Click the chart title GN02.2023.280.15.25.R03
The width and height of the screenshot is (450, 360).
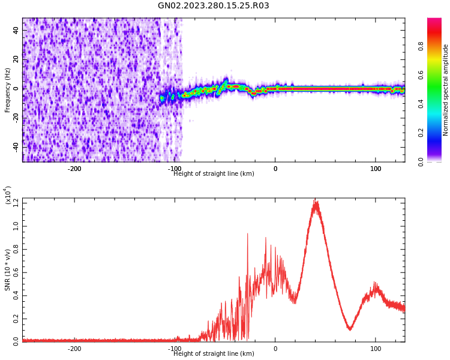click(214, 6)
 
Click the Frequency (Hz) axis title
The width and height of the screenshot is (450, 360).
click(8, 90)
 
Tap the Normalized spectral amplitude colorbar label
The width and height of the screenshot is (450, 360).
click(446, 90)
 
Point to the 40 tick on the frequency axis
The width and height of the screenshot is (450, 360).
click(16, 31)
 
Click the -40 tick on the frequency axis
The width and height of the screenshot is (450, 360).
click(15, 146)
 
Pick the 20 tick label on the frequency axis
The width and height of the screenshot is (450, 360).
click(16, 59)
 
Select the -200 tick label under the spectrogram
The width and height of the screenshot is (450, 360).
click(74, 169)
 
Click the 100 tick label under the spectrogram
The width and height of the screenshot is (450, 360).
click(376, 169)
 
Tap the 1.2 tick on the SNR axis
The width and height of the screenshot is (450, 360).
click(14, 203)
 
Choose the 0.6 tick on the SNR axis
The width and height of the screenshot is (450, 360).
click(14, 272)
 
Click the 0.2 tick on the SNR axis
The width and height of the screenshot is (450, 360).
click(14, 319)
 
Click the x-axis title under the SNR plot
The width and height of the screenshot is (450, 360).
click(214, 353)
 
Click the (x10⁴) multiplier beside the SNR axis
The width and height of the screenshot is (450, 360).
click(8, 196)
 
